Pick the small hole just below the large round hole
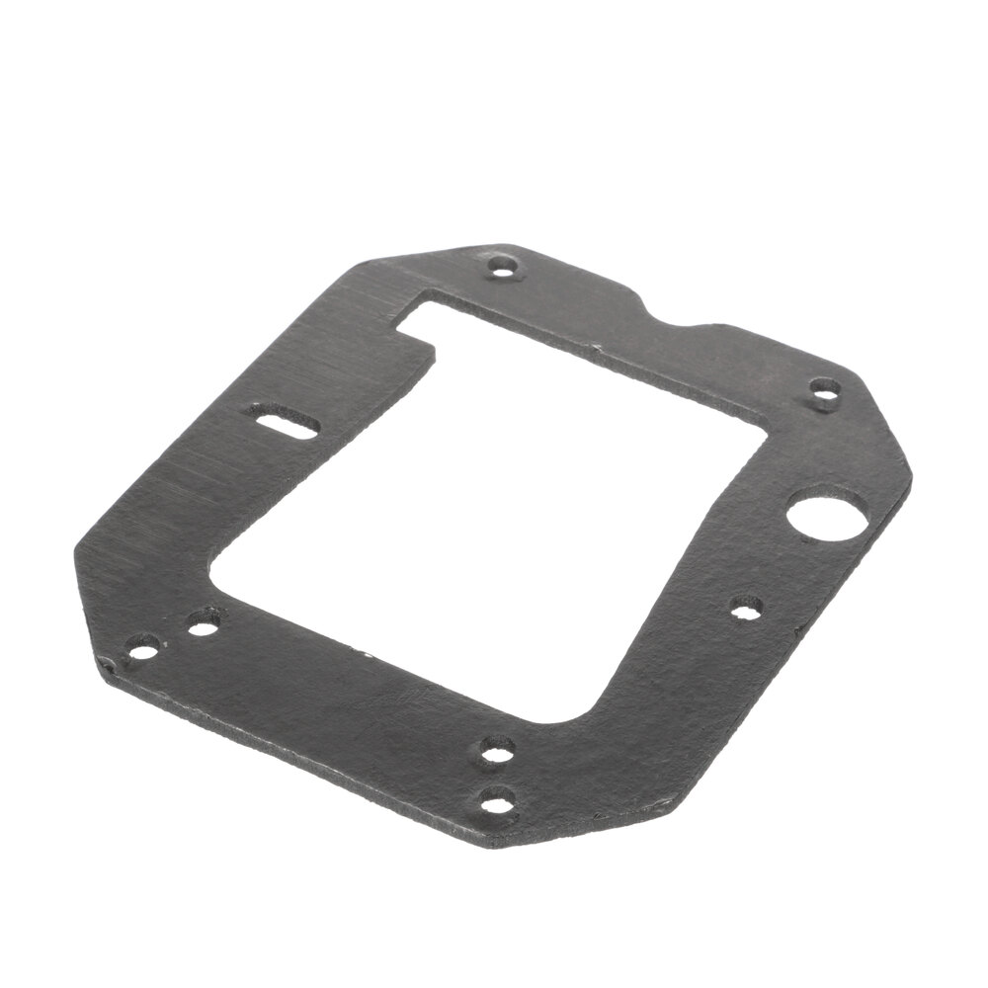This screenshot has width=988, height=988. coord(745,607)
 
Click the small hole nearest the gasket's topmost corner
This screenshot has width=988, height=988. coord(505,267)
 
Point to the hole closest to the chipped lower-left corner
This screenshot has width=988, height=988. coord(143,650)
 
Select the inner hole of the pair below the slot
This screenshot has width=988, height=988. coord(204,624)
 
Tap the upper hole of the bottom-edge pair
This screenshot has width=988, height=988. coord(494,755)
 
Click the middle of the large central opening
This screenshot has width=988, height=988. coord(484,514)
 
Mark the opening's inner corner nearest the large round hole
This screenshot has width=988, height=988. coord(766,435)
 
